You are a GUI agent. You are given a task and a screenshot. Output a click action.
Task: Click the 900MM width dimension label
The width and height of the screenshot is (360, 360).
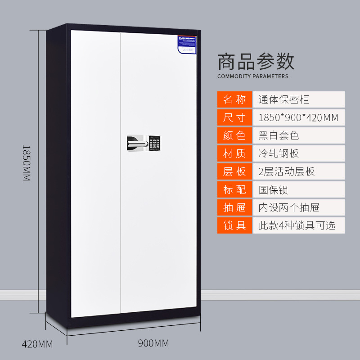point(153,343)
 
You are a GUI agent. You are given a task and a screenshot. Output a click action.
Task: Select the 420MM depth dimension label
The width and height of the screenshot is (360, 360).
point(37,344)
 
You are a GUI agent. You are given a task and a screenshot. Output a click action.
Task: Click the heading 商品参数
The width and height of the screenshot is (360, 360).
point(256,61)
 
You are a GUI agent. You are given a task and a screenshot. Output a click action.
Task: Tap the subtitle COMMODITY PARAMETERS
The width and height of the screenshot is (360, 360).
point(253,76)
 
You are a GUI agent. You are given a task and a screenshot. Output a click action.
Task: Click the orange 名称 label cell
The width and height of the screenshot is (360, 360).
point(235,99)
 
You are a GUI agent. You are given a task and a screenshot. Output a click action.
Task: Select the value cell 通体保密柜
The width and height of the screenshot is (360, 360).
point(299,99)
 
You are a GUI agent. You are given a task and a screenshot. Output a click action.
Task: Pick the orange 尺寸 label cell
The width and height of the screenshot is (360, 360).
point(235,117)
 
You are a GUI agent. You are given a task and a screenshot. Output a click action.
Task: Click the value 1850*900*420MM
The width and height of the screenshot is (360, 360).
point(299,117)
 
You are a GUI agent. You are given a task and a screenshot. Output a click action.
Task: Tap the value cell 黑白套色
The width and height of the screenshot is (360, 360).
point(299,135)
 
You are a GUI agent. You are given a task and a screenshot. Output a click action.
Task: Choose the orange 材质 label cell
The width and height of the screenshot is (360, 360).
point(235,153)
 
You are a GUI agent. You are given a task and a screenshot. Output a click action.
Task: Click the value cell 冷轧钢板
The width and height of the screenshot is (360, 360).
point(299,153)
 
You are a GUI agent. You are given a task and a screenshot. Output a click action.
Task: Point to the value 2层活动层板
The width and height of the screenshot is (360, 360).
point(299,171)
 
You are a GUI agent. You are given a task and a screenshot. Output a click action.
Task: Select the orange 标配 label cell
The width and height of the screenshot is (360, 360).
point(235,189)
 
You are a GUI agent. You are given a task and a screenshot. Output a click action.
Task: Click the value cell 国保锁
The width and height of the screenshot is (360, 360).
point(299,189)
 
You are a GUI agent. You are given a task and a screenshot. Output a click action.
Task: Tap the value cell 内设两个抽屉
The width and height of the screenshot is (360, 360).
point(299,207)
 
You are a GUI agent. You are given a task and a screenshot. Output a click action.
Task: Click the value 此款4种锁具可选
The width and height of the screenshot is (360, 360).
point(299,225)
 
